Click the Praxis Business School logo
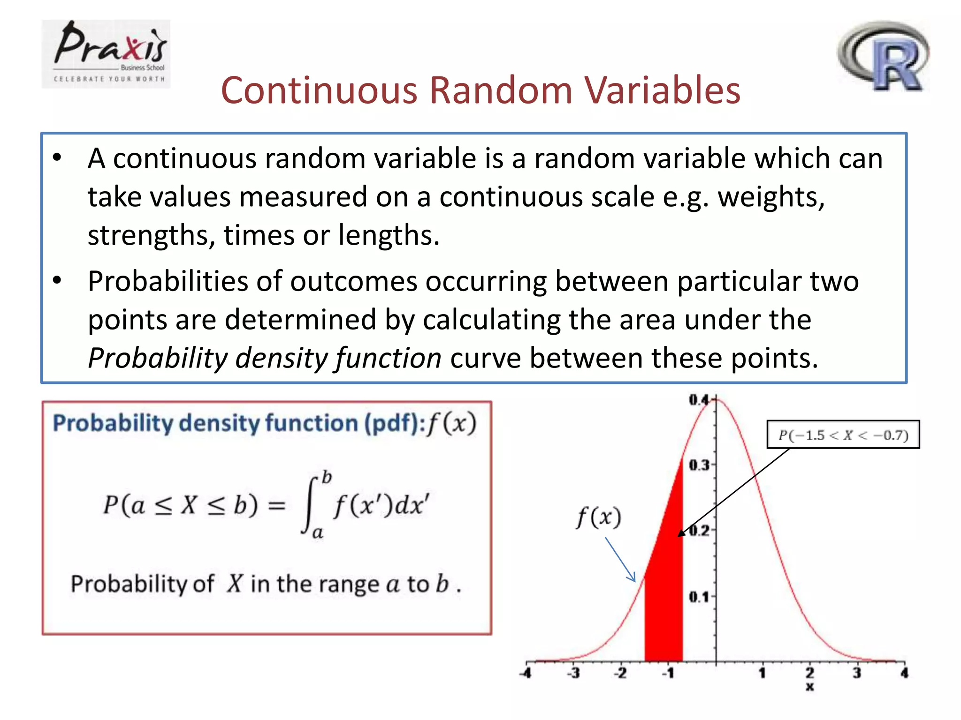coord(106,53)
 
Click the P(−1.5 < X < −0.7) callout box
coord(843,435)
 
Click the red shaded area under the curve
coord(664,586)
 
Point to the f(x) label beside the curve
coord(598,517)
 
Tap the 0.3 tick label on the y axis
coord(699,465)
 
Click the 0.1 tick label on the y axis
coord(699,597)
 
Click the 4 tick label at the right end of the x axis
coord(904,674)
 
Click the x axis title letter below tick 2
coord(809,687)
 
